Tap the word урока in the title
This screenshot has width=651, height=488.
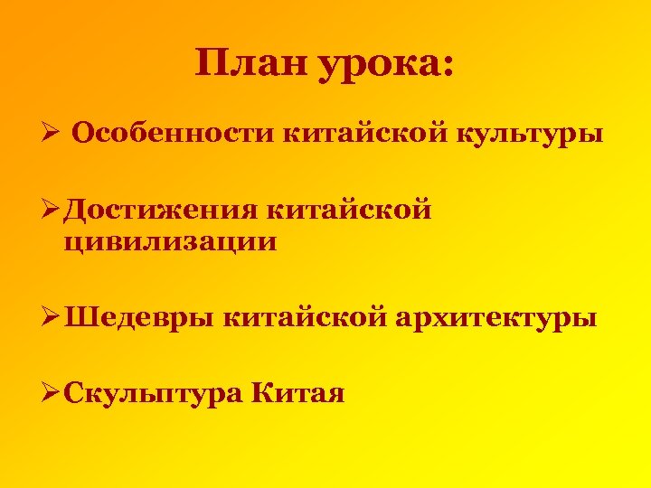(x=374, y=65)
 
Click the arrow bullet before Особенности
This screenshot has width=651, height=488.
(x=52, y=135)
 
